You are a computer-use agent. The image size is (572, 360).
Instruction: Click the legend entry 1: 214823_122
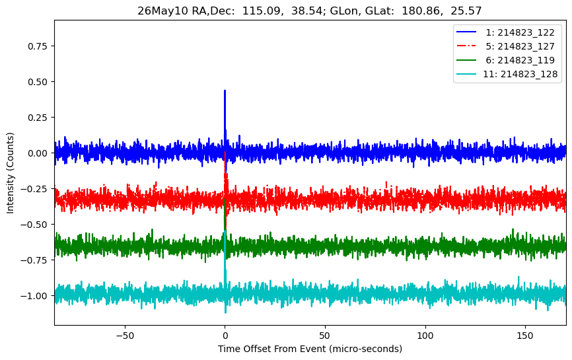[x=505, y=32]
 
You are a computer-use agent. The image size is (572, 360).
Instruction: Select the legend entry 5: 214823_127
[x=505, y=46]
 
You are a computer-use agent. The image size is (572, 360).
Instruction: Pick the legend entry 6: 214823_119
[x=505, y=60]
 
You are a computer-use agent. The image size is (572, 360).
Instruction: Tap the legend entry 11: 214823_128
[x=507, y=74]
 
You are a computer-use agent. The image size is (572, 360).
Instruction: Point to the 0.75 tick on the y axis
[x=38, y=46]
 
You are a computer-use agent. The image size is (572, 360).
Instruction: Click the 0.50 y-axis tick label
[x=38, y=82]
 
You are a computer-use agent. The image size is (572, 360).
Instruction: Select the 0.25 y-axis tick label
[x=38, y=118]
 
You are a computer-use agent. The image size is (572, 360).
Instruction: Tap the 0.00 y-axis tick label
[x=38, y=153]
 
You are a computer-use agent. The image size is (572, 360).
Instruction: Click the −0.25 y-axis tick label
[x=34, y=189]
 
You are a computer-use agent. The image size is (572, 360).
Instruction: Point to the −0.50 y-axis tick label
[x=34, y=225]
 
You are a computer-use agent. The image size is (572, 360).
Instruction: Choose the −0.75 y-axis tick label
[x=34, y=260]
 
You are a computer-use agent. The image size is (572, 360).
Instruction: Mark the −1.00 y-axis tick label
[x=34, y=296]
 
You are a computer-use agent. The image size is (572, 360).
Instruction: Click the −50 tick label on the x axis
[x=125, y=336]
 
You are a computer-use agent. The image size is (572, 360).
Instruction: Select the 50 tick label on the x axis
[x=325, y=336]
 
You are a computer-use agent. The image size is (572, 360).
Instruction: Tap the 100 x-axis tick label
[x=425, y=336]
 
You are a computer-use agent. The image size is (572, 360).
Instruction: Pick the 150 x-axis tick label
[x=525, y=336]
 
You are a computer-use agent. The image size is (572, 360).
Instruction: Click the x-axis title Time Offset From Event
[x=271, y=349]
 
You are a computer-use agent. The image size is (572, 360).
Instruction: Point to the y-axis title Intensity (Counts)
[x=10, y=173]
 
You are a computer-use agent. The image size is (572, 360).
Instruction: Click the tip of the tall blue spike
[x=225, y=90]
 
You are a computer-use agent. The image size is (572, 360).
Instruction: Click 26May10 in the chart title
[x=159, y=11]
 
